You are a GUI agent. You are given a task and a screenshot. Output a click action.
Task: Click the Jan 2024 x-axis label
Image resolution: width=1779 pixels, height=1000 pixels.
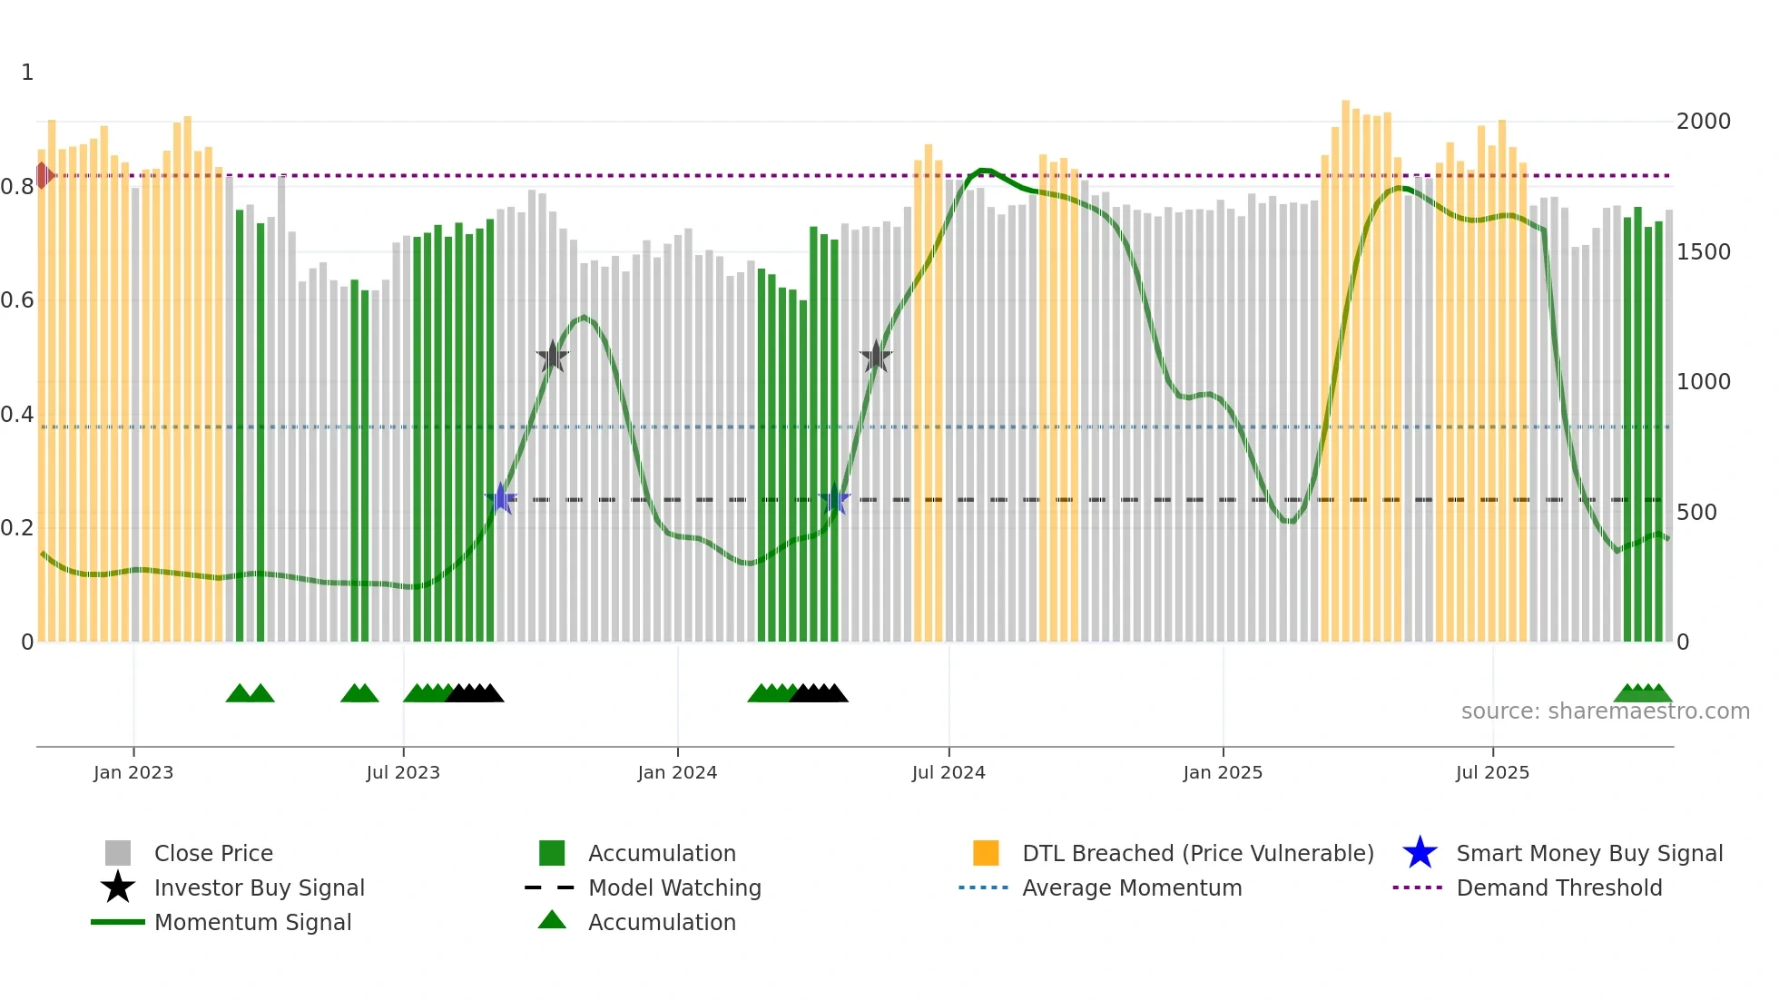point(677,772)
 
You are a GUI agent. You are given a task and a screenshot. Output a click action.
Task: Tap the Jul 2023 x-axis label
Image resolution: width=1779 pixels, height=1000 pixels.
point(403,772)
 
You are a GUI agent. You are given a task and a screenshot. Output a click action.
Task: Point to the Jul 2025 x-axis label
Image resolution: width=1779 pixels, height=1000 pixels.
point(1492,772)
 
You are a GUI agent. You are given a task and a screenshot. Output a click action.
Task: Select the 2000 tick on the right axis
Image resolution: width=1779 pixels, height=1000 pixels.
point(1704,122)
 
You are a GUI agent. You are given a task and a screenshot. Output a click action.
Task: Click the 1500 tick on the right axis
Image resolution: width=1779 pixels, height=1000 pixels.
point(1704,252)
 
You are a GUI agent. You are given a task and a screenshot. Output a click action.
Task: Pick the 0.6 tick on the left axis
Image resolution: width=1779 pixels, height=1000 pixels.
point(17,300)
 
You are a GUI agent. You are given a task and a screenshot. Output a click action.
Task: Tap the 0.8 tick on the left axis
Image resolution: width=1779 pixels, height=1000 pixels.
point(17,187)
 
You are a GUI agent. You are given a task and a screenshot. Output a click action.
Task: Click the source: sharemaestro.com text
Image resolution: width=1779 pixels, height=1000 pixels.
point(1605,711)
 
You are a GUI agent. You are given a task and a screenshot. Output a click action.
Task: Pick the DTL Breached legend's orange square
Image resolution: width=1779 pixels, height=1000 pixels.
point(986,853)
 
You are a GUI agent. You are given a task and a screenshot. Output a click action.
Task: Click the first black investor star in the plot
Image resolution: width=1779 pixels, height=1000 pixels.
point(552,357)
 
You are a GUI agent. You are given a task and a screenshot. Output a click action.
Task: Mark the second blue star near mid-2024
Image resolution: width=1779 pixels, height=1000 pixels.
point(834,499)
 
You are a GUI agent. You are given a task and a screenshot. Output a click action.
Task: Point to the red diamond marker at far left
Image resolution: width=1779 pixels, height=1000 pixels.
point(43,175)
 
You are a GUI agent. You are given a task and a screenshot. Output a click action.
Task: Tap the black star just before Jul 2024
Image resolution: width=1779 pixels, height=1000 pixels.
point(876,357)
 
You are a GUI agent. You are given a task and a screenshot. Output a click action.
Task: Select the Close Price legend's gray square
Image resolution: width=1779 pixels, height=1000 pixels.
point(118,853)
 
